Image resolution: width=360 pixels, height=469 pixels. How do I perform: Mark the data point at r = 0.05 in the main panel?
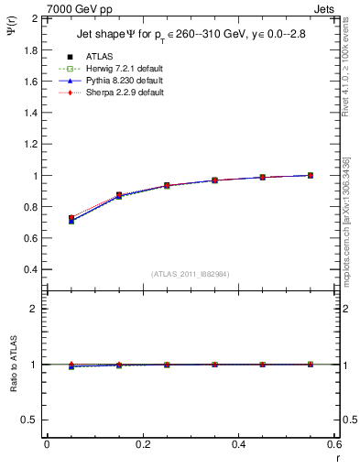pyautogui.click(x=71, y=220)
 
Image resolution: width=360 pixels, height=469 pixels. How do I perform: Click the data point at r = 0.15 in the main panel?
pyautogui.click(x=119, y=195)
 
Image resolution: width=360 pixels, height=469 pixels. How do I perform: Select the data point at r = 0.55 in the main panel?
pyautogui.click(x=311, y=175)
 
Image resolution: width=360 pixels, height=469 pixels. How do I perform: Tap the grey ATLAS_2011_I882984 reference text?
pyautogui.click(x=191, y=275)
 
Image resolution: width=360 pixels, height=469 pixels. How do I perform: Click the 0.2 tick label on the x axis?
pyautogui.click(x=143, y=443)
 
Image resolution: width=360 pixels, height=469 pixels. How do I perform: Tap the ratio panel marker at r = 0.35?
pyautogui.click(x=214, y=365)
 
